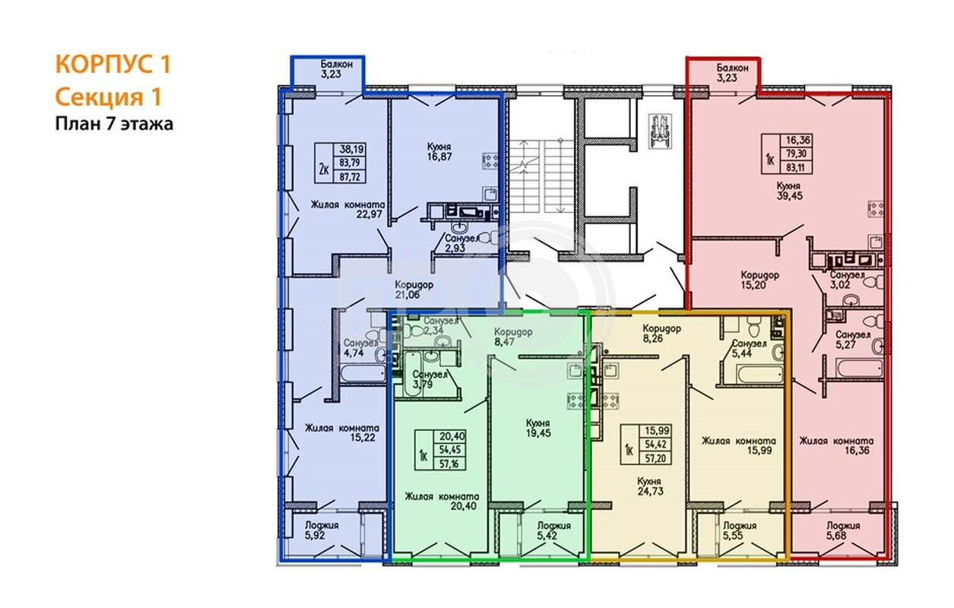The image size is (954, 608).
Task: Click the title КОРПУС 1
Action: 113,64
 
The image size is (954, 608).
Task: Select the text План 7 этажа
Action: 114,124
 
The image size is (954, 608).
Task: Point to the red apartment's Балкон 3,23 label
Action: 732,73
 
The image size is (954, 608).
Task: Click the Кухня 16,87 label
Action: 439,151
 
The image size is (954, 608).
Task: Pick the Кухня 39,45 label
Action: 789,192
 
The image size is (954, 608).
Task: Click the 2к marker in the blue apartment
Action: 323,169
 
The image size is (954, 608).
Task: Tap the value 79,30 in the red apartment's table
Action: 796,154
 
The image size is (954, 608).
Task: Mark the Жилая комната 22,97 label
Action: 347,209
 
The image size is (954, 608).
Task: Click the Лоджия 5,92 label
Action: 322,530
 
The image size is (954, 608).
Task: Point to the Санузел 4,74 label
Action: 361,348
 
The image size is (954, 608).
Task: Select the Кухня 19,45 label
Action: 538,428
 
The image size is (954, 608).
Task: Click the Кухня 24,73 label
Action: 650,486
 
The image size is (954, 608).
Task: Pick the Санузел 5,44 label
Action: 750,348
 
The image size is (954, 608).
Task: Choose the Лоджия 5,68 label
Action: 843,530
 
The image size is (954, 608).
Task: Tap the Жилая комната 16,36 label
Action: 836,445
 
